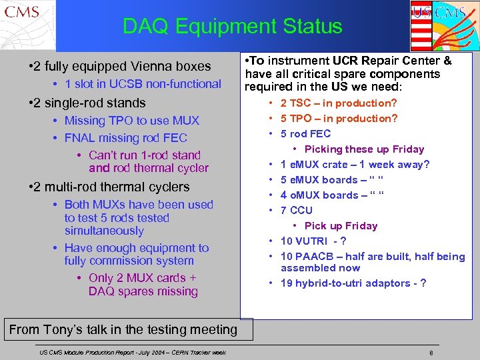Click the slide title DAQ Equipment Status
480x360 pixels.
click(232, 27)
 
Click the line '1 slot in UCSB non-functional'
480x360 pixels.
click(143, 84)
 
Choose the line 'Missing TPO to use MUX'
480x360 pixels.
click(131, 121)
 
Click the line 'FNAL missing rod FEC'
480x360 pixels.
click(125, 138)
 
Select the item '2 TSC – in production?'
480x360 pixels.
click(339, 103)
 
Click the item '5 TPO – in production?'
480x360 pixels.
click(339, 119)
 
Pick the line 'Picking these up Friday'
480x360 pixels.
click(364, 149)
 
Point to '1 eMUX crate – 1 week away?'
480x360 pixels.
click(355, 165)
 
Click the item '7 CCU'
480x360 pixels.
click(296, 211)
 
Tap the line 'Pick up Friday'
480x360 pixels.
click(341, 226)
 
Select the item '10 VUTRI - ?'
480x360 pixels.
click(313, 241)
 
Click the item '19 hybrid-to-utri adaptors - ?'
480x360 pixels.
click(353, 283)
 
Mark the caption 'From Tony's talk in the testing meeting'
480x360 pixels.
click(123, 329)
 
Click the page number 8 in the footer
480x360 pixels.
click(432, 352)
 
